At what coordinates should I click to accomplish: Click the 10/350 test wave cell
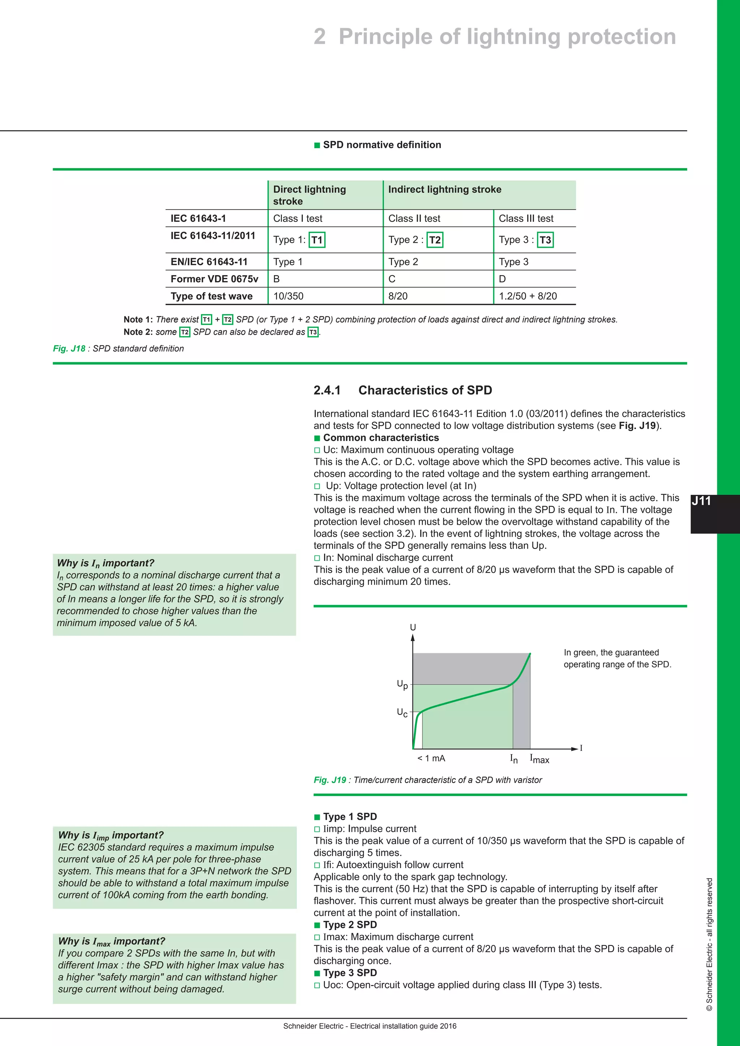[288, 296]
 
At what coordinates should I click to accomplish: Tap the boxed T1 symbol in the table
[317, 240]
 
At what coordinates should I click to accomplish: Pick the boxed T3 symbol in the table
[545, 240]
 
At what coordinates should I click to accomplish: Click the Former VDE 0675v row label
[214, 279]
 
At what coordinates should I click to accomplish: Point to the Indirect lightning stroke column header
[444, 190]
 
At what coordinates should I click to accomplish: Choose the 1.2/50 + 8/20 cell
[528, 296]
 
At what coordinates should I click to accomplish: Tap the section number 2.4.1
[327, 390]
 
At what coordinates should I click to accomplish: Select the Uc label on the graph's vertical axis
[402, 713]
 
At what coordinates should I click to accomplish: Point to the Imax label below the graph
[539, 759]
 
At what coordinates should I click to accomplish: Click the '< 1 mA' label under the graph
[431, 758]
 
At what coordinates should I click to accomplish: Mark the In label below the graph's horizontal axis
[513, 758]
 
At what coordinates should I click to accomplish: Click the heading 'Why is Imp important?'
[110, 835]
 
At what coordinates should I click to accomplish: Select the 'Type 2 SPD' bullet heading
[349, 925]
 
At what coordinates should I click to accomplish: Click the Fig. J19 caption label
[330, 780]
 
